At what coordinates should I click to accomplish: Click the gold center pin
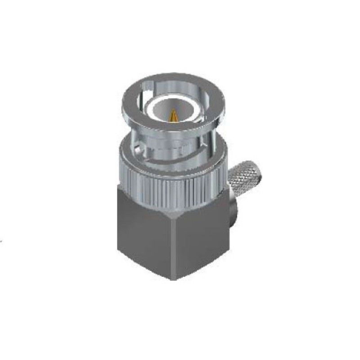point(174,116)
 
